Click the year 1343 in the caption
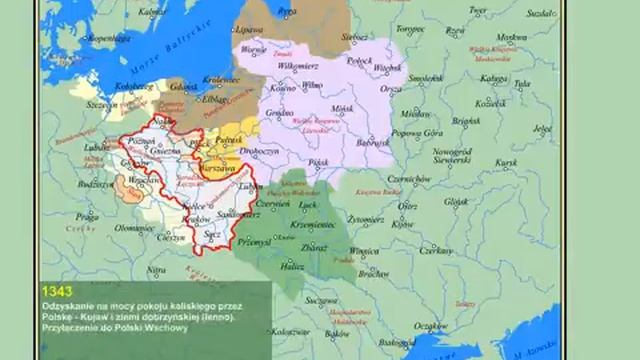(57, 291)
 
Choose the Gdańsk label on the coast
(184, 87)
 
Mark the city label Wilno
(313, 86)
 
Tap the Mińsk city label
(344, 106)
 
